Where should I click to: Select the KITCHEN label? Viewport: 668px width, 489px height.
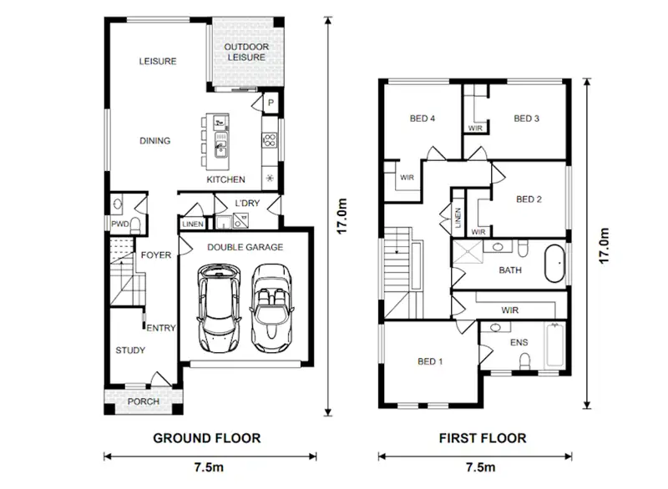[225, 179]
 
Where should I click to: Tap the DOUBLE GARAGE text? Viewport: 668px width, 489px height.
[245, 247]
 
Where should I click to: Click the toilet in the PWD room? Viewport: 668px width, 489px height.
[117, 203]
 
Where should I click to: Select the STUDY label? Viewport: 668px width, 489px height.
[132, 350]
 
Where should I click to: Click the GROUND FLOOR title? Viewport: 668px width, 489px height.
[206, 437]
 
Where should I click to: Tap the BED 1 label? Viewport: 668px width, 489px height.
[429, 361]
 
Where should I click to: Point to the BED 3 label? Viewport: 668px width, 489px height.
[526, 118]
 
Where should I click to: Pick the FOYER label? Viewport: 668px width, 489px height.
[155, 255]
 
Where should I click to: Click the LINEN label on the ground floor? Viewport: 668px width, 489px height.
[192, 224]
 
